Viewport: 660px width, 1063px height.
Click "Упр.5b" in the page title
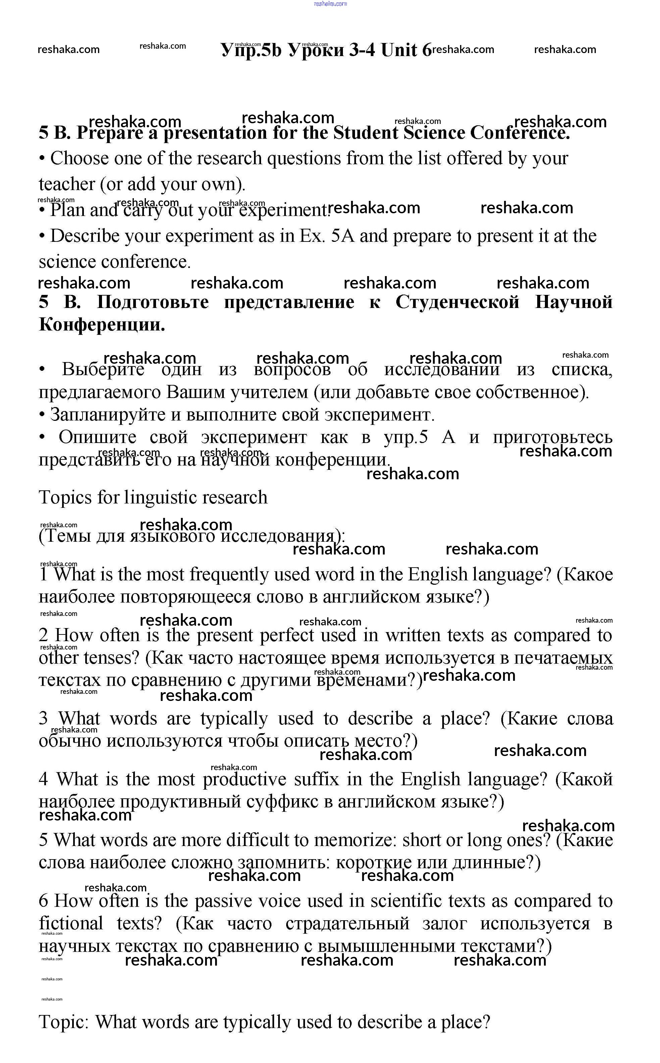point(251,51)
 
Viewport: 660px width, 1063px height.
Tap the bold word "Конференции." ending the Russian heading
point(102,325)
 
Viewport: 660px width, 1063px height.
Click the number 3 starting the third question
point(43,718)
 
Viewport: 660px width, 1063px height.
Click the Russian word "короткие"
point(374,862)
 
